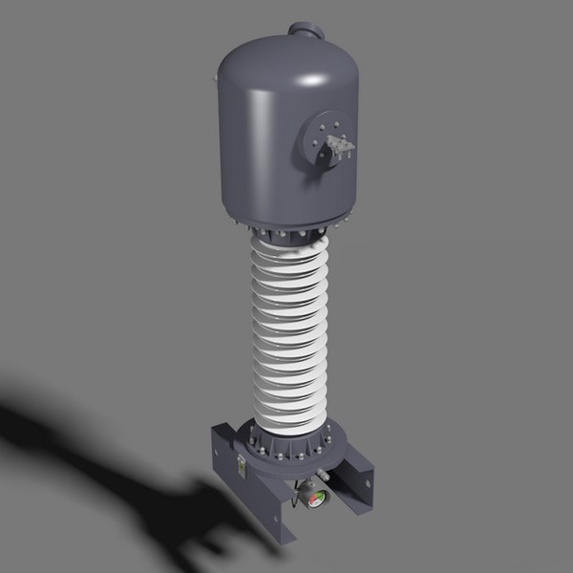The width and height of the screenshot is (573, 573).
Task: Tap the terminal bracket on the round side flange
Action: coord(338,145)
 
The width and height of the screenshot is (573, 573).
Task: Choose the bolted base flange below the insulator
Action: coord(292,445)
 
